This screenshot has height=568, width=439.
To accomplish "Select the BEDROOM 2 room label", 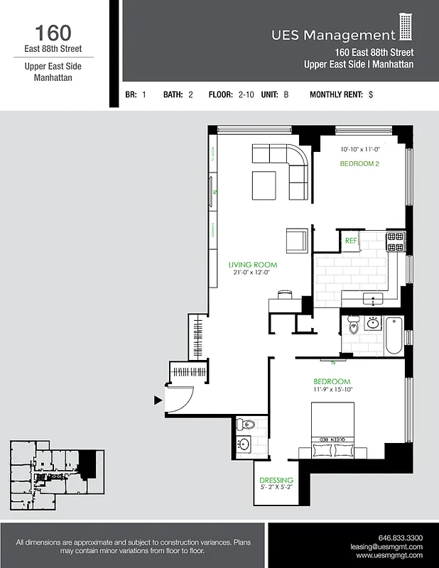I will coord(360,163).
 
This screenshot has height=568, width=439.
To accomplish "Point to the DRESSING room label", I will coord(276,481).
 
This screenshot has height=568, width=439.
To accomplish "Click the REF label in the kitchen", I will coord(351,241).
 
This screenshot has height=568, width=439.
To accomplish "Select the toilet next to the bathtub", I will coord(354,326).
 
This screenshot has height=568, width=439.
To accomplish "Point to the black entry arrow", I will coord(158,400).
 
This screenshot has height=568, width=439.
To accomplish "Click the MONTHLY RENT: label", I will coord(336,94).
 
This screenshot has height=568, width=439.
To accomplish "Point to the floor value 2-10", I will coord(247,94).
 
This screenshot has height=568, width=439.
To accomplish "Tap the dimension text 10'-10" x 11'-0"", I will coord(360,150).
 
